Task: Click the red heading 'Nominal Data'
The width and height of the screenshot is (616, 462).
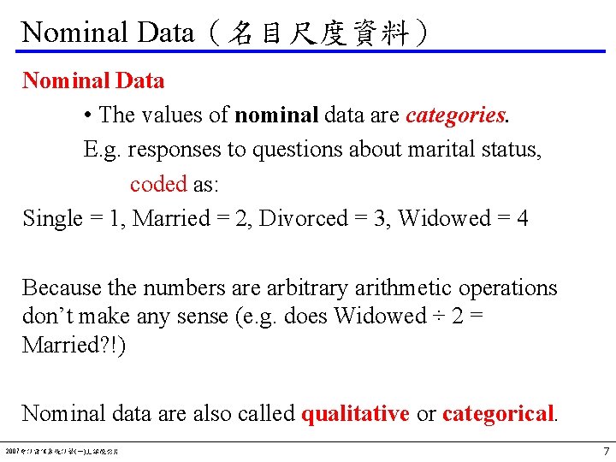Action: click(x=93, y=81)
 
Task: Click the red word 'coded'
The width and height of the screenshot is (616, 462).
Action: click(x=158, y=184)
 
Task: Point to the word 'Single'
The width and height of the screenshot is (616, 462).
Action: click(x=52, y=218)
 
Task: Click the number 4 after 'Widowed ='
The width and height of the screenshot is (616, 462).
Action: click(x=522, y=218)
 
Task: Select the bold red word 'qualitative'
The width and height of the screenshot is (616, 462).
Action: click(x=355, y=414)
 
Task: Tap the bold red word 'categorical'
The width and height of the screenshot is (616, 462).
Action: click(x=499, y=414)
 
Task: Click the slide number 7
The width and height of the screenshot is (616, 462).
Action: click(x=606, y=451)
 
